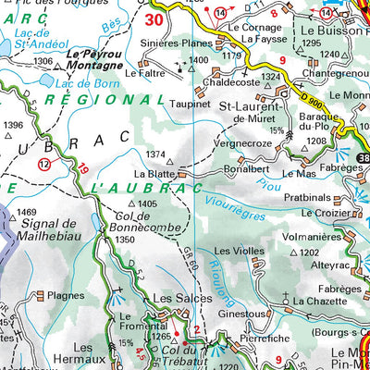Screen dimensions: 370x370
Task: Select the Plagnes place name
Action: tap(66, 296)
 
